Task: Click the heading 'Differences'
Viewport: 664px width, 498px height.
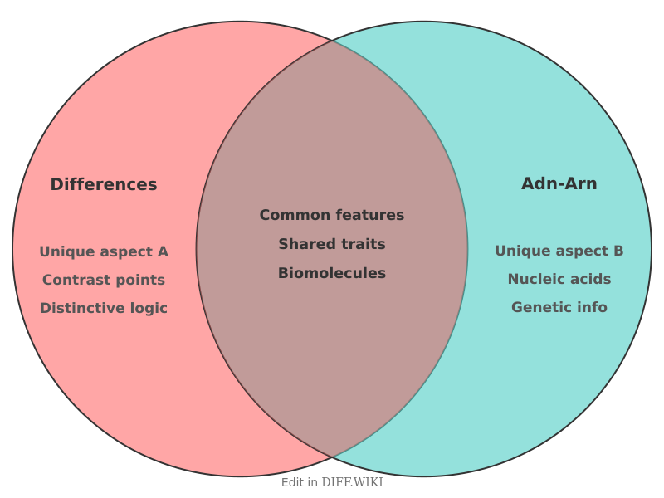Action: click(x=104, y=184)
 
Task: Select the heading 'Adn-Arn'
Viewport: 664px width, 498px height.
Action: click(x=559, y=183)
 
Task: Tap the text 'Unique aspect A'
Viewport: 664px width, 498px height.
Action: click(x=104, y=251)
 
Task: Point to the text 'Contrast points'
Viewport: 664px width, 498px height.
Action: click(x=104, y=280)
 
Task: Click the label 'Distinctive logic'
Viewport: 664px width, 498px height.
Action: click(x=104, y=308)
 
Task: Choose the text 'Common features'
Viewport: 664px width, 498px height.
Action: click(x=332, y=215)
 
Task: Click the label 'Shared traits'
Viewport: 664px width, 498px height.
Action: click(x=332, y=244)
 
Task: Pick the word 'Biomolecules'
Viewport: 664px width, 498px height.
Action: click(x=332, y=273)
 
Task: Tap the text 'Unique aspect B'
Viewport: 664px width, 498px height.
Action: click(x=559, y=251)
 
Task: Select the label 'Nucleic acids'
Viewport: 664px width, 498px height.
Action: click(x=559, y=279)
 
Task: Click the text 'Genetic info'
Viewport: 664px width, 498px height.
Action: click(x=559, y=307)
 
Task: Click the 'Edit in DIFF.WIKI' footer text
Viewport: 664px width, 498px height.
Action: click(x=332, y=482)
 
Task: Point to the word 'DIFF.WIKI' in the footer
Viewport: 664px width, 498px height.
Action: click(x=352, y=482)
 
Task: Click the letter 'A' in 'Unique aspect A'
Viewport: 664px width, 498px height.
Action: click(x=163, y=251)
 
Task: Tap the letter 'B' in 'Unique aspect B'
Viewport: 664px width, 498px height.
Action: click(x=618, y=251)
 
